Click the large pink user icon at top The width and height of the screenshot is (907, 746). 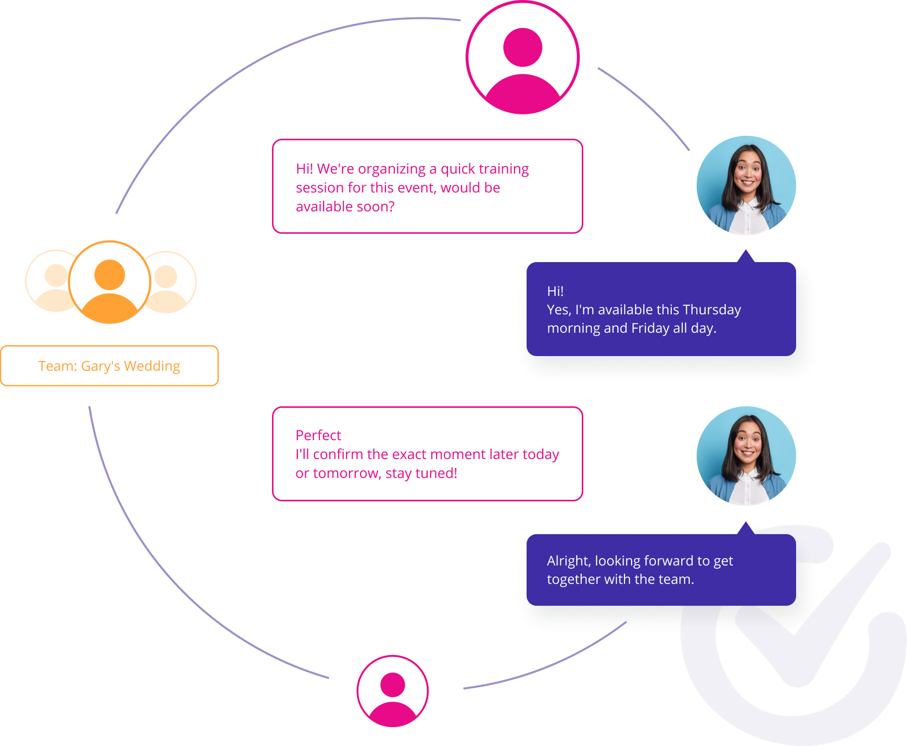(x=522, y=58)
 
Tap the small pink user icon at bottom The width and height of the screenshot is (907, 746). (x=393, y=691)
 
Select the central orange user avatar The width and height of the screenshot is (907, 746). (x=109, y=282)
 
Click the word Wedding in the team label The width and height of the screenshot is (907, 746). (x=152, y=366)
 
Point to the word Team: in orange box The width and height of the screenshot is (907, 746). (x=58, y=366)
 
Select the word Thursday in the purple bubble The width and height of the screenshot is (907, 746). (x=712, y=310)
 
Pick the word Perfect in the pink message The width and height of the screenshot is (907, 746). (x=318, y=436)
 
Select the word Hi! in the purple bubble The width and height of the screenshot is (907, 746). (x=555, y=291)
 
